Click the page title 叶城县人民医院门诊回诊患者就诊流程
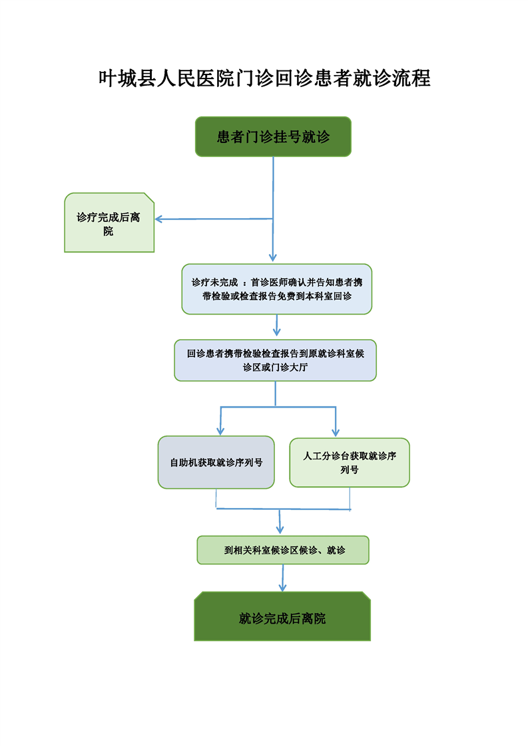tap(264, 78)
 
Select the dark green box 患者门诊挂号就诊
tap(273, 137)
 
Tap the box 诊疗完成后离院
tap(109, 223)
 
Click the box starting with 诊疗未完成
tap(276, 289)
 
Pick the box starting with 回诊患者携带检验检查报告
tap(276, 360)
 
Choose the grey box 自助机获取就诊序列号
tap(216, 462)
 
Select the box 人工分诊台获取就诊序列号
tap(350, 462)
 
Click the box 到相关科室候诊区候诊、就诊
tap(283, 550)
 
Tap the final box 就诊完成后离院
tap(282, 618)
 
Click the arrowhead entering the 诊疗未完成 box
tap(272, 258)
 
